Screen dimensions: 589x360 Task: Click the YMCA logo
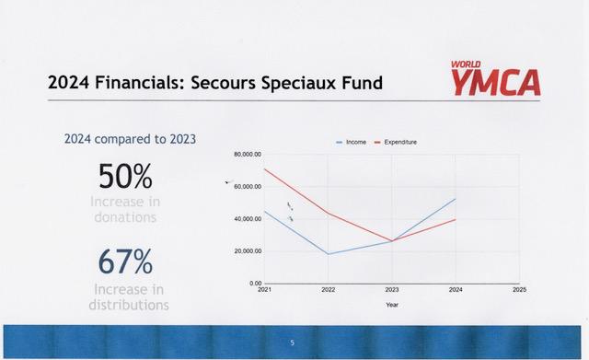tap(495, 78)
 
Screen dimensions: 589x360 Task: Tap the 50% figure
tap(125, 176)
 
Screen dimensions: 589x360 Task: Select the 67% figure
tap(125, 261)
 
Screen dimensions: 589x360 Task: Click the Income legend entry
tap(352, 142)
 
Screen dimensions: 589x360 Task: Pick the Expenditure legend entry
tap(396, 142)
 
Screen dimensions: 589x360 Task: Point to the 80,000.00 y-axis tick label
tap(248, 155)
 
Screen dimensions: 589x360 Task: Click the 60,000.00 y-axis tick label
tap(248, 187)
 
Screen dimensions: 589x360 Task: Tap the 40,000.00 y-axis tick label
tap(248, 219)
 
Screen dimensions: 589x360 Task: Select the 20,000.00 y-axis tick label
tap(248, 251)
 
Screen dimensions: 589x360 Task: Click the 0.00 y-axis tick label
tap(256, 284)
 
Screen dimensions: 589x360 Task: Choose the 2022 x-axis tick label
tap(329, 290)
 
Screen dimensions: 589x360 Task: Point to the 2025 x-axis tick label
tap(519, 290)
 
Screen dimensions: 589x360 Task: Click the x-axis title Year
tap(392, 305)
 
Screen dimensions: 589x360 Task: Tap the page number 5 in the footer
tap(293, 343)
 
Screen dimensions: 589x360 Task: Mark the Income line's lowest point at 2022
tap(329, 254)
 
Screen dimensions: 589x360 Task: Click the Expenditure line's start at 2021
tap(265, 169)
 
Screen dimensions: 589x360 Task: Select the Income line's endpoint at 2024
tap(456, 199)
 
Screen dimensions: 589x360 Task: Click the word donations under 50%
tap(125, 217)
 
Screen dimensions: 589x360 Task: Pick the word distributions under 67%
tap(129, 305)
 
